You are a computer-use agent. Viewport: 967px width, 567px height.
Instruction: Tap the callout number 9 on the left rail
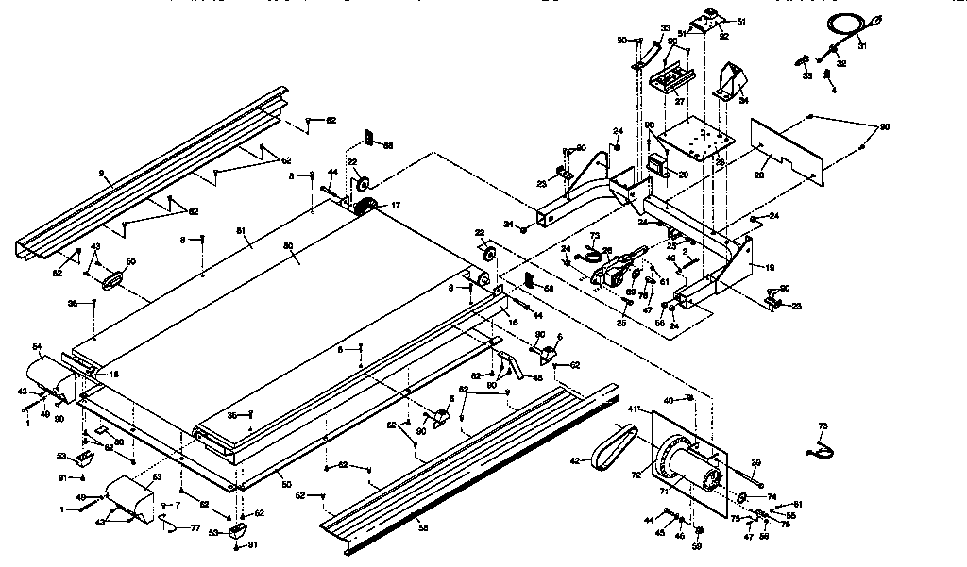click(x=100, y=174)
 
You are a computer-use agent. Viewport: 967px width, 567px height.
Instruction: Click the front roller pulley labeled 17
click(x=363, y=208)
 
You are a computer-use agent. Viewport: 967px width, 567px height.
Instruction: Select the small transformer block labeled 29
click(x=657, y=165)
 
